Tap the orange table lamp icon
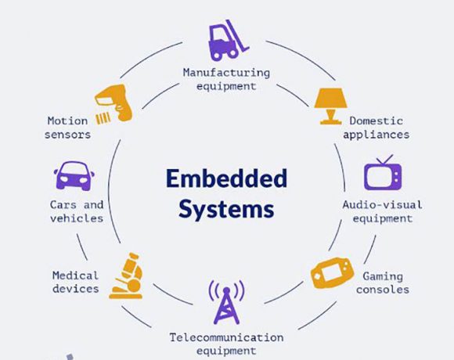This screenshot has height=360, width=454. click(330, 106)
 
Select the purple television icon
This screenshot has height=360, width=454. click(383, 173)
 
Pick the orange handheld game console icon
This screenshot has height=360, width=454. click(333, 272)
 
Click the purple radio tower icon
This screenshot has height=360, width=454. click(226, 302)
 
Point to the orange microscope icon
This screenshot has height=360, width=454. click(127, 275)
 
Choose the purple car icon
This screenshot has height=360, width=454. click(74, 175)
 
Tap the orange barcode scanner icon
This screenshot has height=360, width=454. click(114, 103)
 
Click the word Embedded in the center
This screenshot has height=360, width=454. click(227, 178)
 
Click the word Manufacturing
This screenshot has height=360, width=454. click(226, 72)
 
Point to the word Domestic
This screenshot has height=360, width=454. click(376, 121)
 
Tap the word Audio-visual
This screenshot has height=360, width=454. click(383, 205)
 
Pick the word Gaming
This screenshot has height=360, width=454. click(383, 277)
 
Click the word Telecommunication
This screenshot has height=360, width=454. click(226, 337)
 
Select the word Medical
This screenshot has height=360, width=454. click(76, 275)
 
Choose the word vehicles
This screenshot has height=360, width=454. click(77, 218)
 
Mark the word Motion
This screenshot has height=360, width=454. click(67, 121)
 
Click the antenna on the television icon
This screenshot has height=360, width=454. click(384, 160)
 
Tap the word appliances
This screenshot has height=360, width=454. click(376, 135)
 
